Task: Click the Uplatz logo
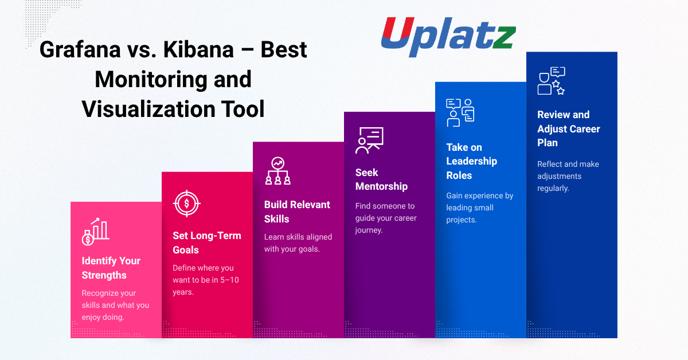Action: [448, 37]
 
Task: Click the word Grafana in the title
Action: [80, 50]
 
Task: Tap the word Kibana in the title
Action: [198, 50]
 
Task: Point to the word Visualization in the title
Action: [148, 109]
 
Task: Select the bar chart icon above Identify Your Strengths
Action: [96, 232]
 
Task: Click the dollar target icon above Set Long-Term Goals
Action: [187, 204]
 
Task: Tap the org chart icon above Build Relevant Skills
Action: [277, 171]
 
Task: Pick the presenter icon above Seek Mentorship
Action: [369, 140]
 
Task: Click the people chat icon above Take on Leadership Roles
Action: [460, 113]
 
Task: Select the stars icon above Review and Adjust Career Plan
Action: [552, 81]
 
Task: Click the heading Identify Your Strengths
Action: [111, 268]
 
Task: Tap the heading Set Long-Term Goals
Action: [207, 242]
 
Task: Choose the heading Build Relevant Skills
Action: [297, 212]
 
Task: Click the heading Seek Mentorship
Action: [381, 179]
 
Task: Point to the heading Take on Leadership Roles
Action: [471, 161]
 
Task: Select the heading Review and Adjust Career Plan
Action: [569, 129]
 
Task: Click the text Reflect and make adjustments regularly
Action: [568, 176]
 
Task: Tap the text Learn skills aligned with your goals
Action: [298, 242]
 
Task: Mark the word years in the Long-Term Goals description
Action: [183, 292]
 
